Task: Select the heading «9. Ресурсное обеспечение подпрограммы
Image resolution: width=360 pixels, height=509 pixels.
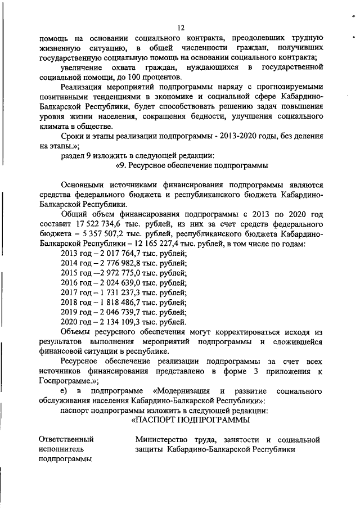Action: pos(191,165)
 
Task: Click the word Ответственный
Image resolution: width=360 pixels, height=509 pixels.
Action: pos(66,439)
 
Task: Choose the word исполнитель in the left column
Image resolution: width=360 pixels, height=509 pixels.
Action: pos(62,449)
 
